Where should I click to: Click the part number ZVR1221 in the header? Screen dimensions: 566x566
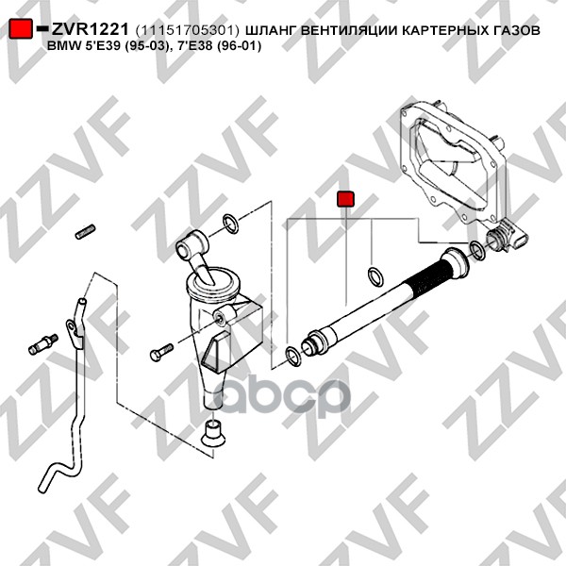click(90, 29)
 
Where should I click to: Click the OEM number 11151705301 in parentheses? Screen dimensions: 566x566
click(188, 31)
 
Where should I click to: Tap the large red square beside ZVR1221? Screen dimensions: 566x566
click(21, 28)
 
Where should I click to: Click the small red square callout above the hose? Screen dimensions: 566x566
click(345, 199)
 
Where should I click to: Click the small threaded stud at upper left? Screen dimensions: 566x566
click(86, 231)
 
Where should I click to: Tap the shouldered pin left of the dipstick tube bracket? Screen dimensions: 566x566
click(43, 344)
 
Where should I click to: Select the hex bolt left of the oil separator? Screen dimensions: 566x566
click(161, 352)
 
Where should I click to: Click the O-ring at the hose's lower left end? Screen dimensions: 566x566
click(293, 356)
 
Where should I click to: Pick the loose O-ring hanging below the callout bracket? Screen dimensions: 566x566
click(375, 276)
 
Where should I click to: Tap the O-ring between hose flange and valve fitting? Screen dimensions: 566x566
click(477, 251)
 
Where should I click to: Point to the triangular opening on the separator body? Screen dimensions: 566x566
click(214, 352)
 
